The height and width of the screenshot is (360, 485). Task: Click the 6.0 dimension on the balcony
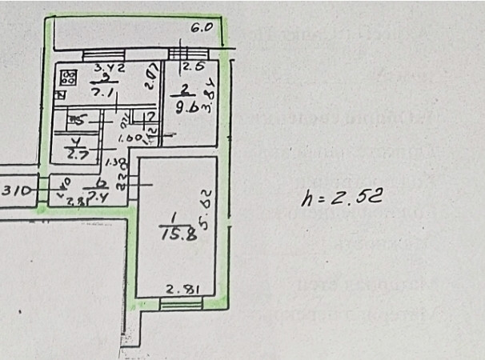201,26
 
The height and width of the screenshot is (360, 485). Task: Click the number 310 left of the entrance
15,191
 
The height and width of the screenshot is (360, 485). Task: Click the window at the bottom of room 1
176,302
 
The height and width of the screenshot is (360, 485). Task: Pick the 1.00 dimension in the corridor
129,139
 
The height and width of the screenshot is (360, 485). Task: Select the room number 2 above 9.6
184,89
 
